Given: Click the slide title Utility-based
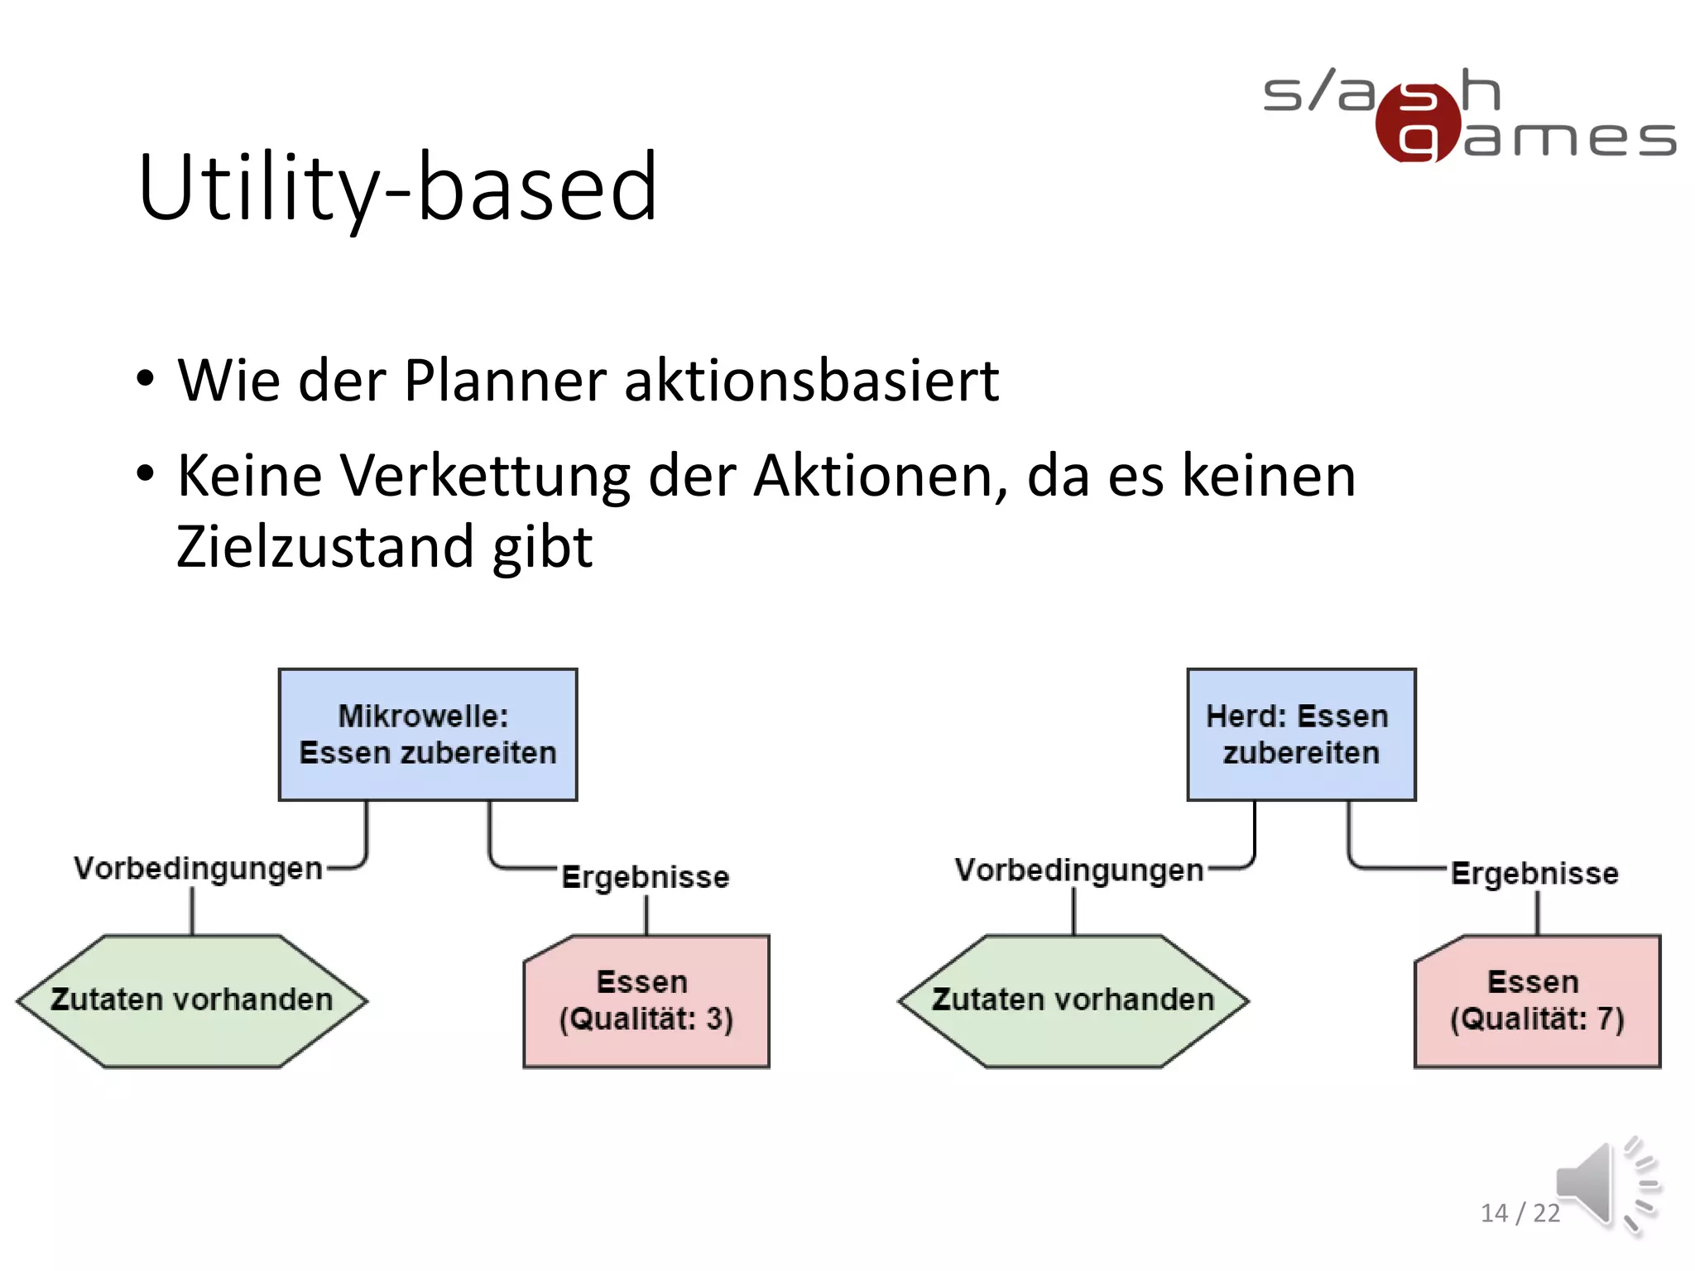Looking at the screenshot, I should tap(397, 189).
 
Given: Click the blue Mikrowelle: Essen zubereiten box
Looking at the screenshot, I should tap(428, 735).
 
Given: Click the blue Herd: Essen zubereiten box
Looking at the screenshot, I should tap(1301, 735).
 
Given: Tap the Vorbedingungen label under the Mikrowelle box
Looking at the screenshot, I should tap(198, 869).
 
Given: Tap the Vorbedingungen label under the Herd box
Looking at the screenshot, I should tap(1078, 871).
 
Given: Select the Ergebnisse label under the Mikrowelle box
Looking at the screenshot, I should tap(646, 877).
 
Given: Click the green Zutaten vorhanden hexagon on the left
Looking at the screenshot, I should tap(192, 1000).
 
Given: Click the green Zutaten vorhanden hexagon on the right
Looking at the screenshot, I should tap(1073, 1000).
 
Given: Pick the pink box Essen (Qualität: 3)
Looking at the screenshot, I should tap(646, 1001).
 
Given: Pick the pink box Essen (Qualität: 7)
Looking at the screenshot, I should tap(1537, 1001).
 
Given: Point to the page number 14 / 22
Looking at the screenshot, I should tap(1520, 1213).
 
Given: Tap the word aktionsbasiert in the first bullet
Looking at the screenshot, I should tap(811, 381).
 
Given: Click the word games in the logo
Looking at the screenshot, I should tap(1568, 139).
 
